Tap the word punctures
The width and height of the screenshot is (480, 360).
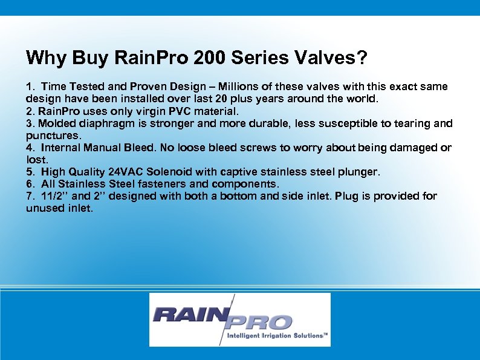tap(52, 136)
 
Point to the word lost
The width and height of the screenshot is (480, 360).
tap(36, 160)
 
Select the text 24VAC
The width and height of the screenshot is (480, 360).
tap(128, 172)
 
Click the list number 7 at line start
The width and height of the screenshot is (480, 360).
tap(30, 196)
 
